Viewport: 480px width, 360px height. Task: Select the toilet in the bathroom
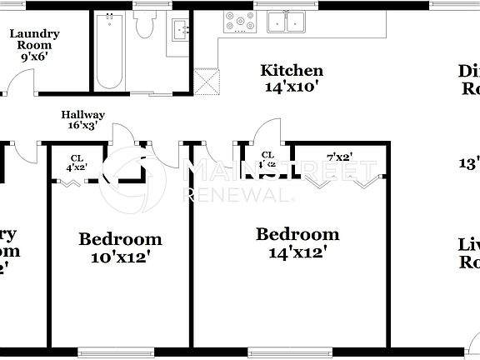[x=146, y=27]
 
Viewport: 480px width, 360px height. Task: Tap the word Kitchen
[x=291, y=71]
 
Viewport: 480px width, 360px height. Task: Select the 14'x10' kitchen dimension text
[x=291, y=86]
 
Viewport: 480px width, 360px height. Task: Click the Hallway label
[x=82, y=115]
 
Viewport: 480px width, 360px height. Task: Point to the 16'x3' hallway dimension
[x=82, y=126]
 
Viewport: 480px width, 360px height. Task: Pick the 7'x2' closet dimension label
[x=338, y=157]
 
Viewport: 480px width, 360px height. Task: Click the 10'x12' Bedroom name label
[x=120, y=239]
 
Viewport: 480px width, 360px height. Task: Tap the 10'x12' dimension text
[x=120, y=257]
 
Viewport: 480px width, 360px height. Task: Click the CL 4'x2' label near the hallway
[x=77, y=162]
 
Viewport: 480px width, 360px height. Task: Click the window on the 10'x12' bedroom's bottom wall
[x=121, y=350]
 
